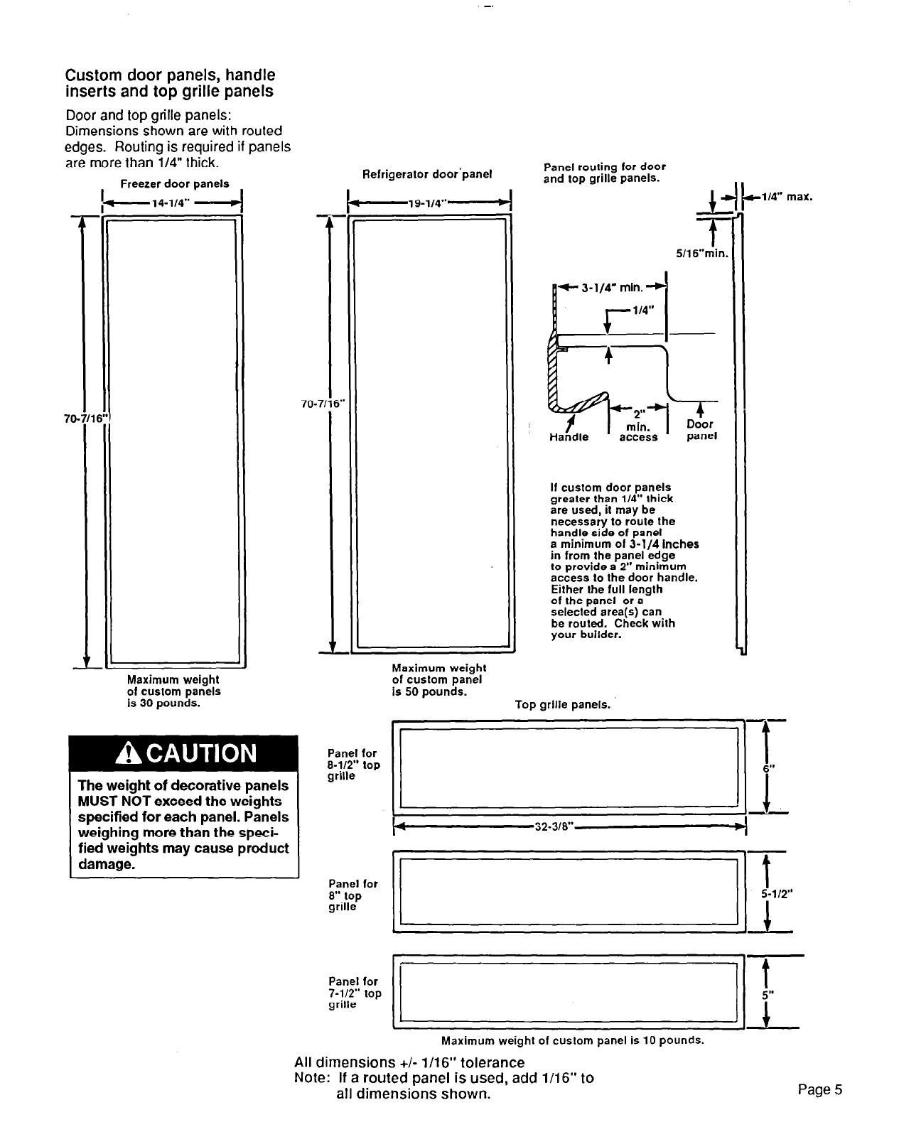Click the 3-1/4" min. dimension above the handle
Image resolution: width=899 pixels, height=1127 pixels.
click(612, 288)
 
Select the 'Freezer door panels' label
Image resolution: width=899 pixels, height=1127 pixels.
click(174, 183)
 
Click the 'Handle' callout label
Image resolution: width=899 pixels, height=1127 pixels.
click(569, 438)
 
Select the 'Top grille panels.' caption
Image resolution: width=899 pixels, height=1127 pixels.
click(562, 705)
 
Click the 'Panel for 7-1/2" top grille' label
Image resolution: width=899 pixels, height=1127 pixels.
click(354, 993)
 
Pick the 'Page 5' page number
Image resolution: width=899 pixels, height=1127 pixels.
click(819, 1089)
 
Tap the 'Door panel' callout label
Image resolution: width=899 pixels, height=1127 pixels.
click(701, 430)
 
